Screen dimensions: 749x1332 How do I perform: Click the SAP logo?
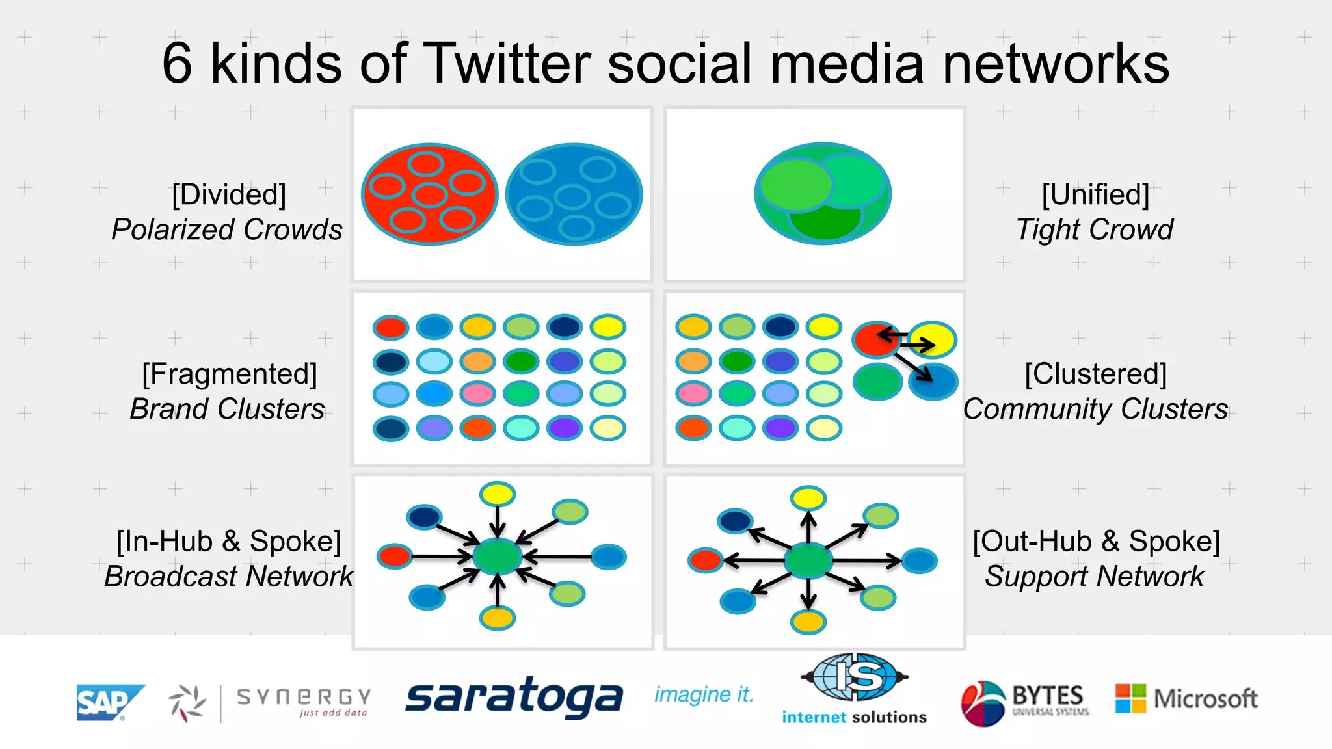[x=109, y=702]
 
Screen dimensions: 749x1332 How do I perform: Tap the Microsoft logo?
[x=1186, y=699]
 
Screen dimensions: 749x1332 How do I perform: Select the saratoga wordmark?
[x=514, y=698]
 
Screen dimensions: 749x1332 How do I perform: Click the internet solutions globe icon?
[x=854, y=677]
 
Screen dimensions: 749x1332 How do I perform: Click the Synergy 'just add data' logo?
[x=270, y=702]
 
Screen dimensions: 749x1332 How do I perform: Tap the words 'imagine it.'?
[x=704, y=695]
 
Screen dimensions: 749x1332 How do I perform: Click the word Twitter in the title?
[x=507, y=64]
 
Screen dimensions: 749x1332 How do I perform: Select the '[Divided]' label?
[x=229, y=194]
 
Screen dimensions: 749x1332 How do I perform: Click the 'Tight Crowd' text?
[x=1095, y=230]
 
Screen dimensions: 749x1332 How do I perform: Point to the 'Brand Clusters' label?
[x=227, y=409]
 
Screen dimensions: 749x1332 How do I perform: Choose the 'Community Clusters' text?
[x=1095, y=409]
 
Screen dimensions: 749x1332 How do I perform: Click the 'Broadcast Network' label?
[x=228, y=576]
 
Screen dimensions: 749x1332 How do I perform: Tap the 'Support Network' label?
[x=1094, y=576]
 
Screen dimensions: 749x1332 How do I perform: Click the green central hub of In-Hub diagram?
[x=498, y=557]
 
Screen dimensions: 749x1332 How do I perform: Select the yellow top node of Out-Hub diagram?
[x=808, y=499]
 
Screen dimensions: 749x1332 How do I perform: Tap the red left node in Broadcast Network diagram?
[x=395, y=556]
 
